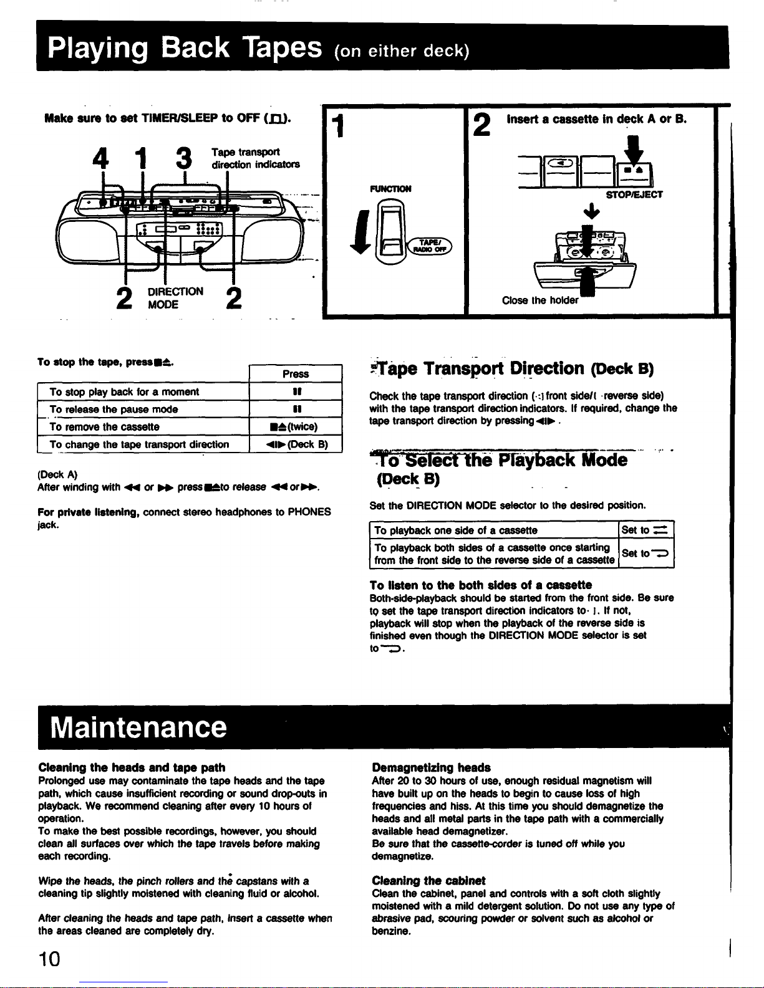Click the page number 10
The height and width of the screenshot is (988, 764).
pos(49,958)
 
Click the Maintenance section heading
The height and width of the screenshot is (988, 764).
pos(138,727)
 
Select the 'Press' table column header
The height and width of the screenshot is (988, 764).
pos(296,374)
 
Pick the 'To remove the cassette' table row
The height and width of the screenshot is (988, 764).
pos(104,427)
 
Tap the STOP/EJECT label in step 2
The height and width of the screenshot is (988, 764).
pos(634,194)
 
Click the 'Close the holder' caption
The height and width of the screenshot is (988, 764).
pos(539,300)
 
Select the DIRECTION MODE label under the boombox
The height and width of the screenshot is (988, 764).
pos(175,298)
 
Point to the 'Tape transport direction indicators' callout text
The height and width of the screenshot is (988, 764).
pos(255,158)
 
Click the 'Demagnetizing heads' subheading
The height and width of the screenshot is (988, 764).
pos(431,768)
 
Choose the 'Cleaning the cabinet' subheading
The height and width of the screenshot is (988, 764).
pos(428,881)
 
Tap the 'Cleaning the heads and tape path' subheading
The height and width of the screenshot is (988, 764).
pos(132,768)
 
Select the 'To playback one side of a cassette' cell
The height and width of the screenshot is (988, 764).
pos(456,530)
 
